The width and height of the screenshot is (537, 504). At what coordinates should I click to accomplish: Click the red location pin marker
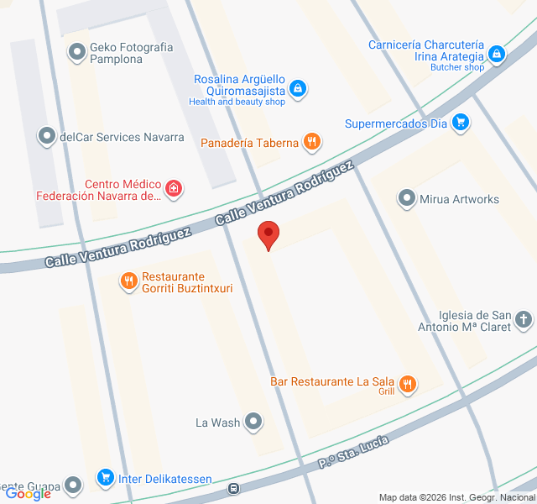coord(268,234)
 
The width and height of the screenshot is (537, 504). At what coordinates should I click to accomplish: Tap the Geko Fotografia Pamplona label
coord(131,54)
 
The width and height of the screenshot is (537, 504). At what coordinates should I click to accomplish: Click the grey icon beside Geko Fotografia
coord(78,54)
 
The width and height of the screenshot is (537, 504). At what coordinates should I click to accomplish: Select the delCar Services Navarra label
coord(122,137)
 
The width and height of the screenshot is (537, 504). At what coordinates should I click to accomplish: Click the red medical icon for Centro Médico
coord(174,188)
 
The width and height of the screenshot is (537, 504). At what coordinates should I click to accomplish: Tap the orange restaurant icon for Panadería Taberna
coord(311,142)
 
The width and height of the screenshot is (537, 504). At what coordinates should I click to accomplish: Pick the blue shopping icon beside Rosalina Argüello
coord(297,87)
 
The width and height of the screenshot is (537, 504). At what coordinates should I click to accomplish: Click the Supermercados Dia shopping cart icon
coord(460,123)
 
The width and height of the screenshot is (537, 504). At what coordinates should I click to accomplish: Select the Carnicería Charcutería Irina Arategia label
coord(426,50)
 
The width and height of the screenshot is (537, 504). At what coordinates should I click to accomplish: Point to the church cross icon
coord(524,319)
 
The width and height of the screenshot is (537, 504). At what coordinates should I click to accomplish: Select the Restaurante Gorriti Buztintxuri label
coord(187,282)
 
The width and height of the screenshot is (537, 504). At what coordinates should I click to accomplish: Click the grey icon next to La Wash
coord(253,423)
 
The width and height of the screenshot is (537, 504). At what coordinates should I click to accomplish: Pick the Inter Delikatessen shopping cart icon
coord(105,479)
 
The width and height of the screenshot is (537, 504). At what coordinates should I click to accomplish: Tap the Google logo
coord(28,494)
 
